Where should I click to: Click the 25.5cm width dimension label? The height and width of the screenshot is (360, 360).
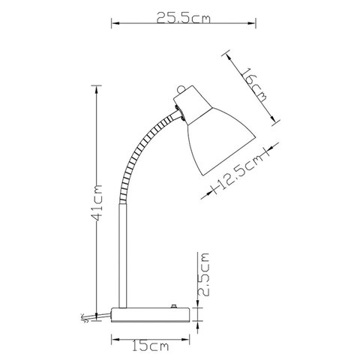click(184, 18)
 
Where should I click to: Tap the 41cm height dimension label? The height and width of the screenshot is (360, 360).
click(97, 203)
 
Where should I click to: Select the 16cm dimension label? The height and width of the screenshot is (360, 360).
click(253, 85)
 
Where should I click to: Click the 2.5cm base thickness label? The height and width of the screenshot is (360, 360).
click(203, 274)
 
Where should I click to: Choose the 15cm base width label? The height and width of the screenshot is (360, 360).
click(151, 346)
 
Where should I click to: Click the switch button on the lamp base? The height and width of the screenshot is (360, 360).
click(174, 306)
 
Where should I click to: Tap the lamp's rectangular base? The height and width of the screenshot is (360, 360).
click(150, 315)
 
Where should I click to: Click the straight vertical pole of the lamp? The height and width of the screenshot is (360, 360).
click(123, 256)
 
